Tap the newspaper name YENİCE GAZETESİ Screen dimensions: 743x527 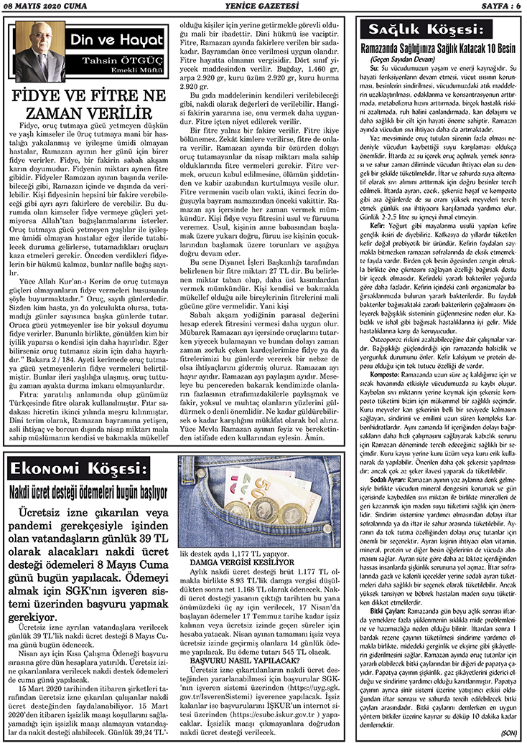tap(263, 6)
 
